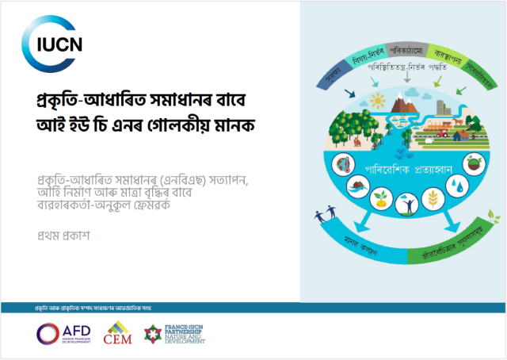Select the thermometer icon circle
[343, 166]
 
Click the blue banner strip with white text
[151, 305]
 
